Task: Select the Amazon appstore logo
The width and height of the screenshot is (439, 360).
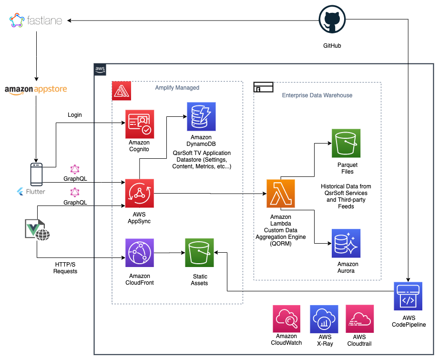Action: click(x=36, y=90)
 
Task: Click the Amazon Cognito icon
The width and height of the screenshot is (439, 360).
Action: click(x=140, y=124)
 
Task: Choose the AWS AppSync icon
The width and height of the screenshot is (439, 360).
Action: click(x=140, y=193)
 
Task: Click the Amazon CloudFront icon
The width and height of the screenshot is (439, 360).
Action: click(x=140, y=254)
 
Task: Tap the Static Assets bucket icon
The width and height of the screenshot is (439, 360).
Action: click(x=199, y=253)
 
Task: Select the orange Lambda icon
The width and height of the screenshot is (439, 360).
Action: click(x=281, y=193)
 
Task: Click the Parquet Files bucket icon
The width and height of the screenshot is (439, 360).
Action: click(x=346, y=143)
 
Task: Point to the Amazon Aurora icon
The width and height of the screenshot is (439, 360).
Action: click(x=346, y=243)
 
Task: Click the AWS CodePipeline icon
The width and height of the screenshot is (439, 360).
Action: click(x=408, y=296)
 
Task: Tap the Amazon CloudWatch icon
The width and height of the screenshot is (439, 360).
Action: click(x=287, y=319)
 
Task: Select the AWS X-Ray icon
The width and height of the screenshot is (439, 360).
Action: click(x=324, y=319)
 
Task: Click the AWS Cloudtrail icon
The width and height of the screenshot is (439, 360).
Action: click(x=359, y=319)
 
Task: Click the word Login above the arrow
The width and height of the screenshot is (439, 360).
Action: click(x=75, y=115)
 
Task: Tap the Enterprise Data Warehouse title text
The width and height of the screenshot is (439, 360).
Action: click(x=317, y=95)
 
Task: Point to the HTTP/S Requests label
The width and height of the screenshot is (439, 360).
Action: click(x=65, y=268)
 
